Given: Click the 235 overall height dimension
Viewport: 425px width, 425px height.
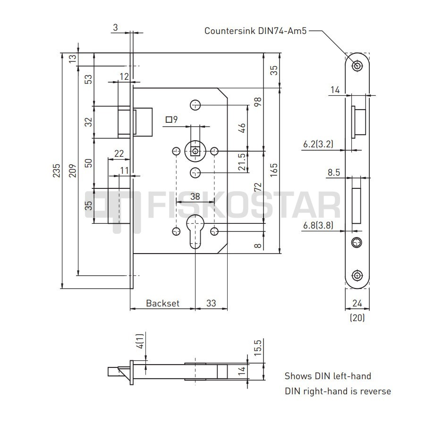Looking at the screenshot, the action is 57,170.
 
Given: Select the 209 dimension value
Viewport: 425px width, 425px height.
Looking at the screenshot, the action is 73,170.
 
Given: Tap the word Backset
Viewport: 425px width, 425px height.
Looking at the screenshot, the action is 162,303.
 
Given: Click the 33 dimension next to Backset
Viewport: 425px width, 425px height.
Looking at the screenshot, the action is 211,303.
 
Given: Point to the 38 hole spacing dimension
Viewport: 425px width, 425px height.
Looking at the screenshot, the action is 195,196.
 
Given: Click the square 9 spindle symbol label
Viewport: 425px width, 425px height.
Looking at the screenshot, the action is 171,119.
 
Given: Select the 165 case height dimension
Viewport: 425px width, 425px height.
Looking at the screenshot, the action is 274,170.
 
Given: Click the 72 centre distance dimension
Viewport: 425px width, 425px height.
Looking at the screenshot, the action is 258,187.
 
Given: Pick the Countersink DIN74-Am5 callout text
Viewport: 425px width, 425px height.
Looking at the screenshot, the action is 255,31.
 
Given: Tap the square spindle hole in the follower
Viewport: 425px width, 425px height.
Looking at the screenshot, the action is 195,151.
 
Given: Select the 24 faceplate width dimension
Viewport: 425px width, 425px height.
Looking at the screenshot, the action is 357,303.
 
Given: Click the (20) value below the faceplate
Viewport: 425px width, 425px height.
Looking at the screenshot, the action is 357,317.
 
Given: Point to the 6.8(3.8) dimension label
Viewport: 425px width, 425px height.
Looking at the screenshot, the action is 318,225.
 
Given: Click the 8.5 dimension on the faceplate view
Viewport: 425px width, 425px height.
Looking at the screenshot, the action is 334,172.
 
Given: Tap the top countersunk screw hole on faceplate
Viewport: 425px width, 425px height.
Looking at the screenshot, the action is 357,66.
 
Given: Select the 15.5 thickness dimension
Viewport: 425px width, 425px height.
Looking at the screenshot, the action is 258,348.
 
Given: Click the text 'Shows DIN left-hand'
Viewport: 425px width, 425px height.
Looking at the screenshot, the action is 328,376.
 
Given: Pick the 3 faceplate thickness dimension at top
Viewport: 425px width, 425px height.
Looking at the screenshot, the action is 116,27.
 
